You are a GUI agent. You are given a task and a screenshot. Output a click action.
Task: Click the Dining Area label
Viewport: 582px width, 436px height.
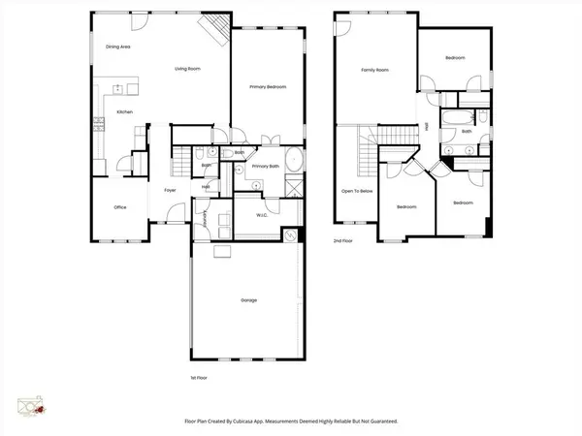[117, 47]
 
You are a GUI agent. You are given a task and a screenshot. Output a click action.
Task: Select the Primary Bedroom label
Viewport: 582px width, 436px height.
[268, 88]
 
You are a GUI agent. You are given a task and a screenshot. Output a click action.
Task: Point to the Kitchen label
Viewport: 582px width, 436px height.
[124, 112]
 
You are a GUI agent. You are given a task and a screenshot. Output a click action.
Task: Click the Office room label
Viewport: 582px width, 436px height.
[120, 207]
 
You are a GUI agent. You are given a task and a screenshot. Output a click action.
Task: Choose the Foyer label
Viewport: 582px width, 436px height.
[169, 191]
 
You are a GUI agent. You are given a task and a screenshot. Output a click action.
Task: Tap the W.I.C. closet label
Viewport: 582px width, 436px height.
[262, 215]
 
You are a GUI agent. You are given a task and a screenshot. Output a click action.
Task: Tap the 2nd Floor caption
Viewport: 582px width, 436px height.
[343, 239]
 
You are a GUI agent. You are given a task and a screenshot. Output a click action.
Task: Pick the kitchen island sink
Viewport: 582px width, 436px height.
[118, 89]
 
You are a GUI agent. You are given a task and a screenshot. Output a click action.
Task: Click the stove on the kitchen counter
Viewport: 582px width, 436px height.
[98, 124]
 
